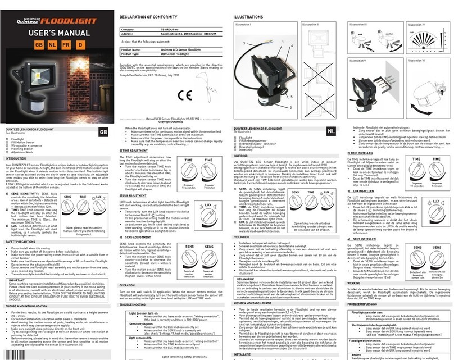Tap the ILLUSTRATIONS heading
pos(248,17)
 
